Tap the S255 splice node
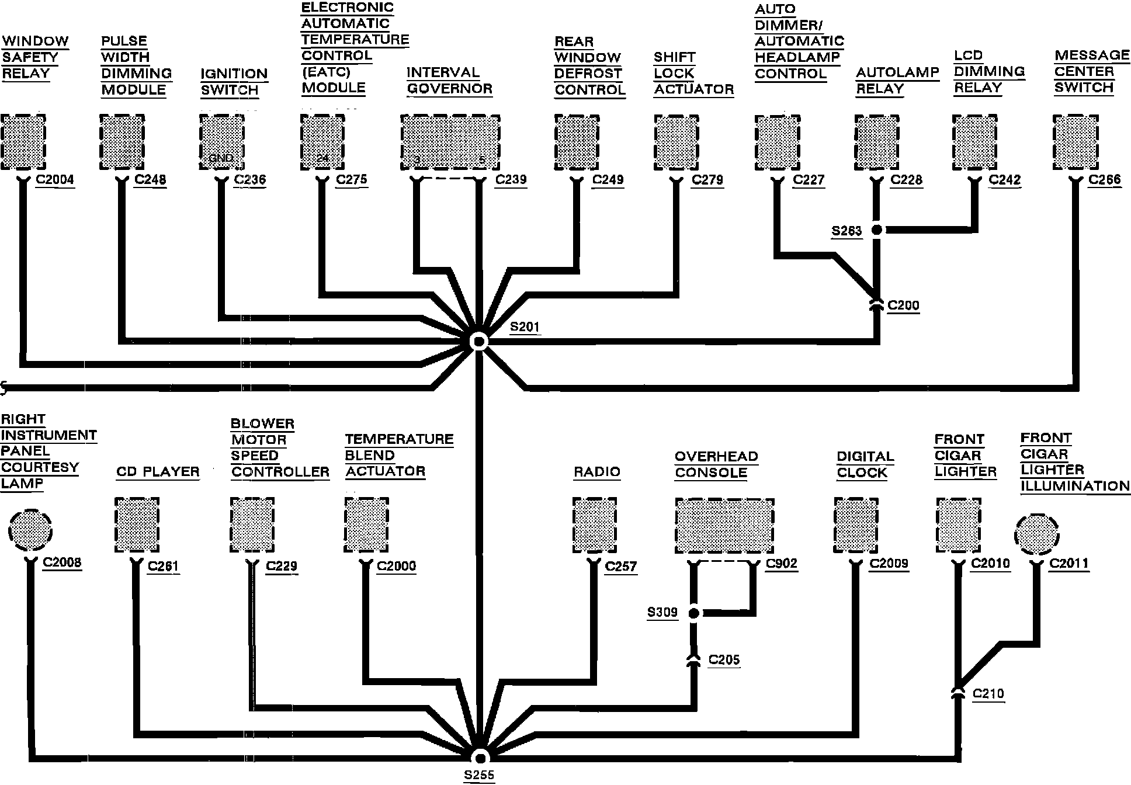[x=480, y=758]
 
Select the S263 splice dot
[x=876, y=230]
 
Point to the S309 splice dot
[x=693, y=613]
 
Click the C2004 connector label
[x=55, y=179]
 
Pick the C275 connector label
[x=352, y=179]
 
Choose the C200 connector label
[x=903, y=305]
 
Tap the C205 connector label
[x=724, y=660]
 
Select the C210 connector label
[x=988, y=694]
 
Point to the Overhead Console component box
[x=724, y=526]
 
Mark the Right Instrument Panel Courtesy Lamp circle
[x=30, y=530]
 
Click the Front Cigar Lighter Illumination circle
[x=1037, y=535]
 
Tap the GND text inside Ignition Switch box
[x=221, y=158]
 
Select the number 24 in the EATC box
[x=322, y=158]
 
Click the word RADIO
[x=596, y=472]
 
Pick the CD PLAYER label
[x=158, y=472]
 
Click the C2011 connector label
[x=1069, y=564]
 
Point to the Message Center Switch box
[x=1076, y=142]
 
